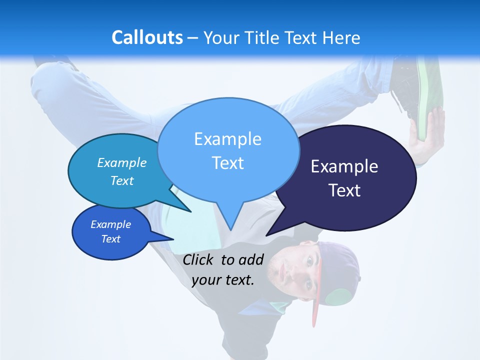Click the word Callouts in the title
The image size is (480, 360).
pyautogui.click(x=147, y=37)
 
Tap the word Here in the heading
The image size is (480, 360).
pyautogui.click(x=341, y=37)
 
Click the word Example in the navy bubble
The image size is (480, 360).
pyautogui.click(x=344, y=166)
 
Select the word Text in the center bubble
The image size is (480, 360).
pyautogui.click(x=227, y=163)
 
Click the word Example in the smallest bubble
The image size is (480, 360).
pyautogui.click(x=110, y=224)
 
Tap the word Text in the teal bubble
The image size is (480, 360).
pyautogui.click(x=122, y=181)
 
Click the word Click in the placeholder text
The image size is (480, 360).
pyautogui.click(x=198, y=259)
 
